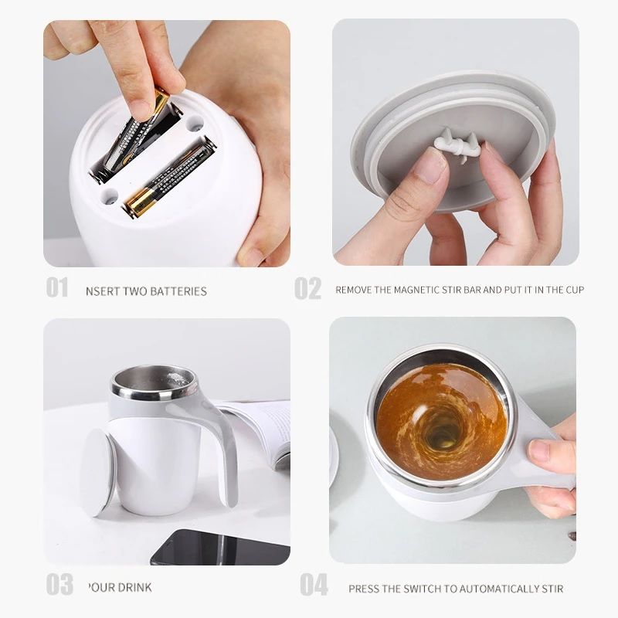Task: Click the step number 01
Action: [x=57, y=287]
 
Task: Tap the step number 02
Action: [x=307, y=288]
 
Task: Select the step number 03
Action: [x=59, y=584]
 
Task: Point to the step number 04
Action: [x=314, y=585]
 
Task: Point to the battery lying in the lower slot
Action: [x=168, y=178]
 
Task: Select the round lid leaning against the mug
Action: [x=97, y=471]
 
